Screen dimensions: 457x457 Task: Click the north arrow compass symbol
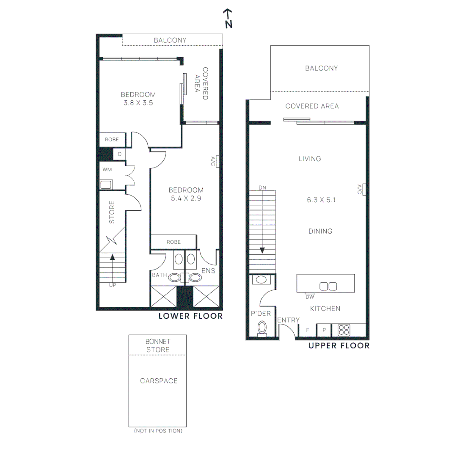[x=228, y=19]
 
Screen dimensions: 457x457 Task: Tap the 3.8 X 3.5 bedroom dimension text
[x=138, y=102]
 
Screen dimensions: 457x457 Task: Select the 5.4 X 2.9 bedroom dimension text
[x=186, y=198]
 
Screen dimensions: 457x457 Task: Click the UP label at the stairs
[x=112, y=285]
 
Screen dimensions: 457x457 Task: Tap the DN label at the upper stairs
[x=263, y=187]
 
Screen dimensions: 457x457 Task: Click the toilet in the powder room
[x=262, y=328]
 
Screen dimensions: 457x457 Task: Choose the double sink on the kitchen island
[x=328, y=286]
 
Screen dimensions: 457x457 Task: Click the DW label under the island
[x=310, y=297]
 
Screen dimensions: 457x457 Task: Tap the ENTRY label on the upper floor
[x=288, y=320]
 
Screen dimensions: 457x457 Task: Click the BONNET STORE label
[x=157, y=345]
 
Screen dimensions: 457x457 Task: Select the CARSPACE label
[x=159, y=381]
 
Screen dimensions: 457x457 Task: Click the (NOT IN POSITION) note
[x=158, y=431]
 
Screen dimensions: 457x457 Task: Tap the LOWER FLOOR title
[x=190, y=316]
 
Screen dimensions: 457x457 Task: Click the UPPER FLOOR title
[x=339, y=346]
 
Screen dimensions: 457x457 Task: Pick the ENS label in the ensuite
[x=208, y=271]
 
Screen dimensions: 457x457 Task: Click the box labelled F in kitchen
[x=307, y=330]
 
